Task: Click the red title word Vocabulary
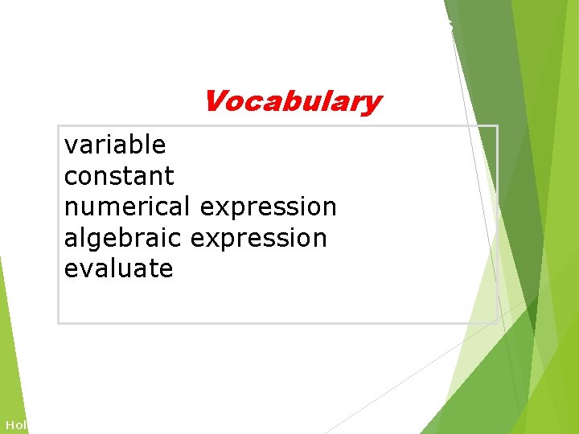click(292, 102)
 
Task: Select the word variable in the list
click(115, 145)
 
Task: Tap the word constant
click(119, 175)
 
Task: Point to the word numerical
click(128, 207)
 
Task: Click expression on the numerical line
click(268, 207)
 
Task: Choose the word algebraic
click(124, 238)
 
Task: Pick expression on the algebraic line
click(259, 238)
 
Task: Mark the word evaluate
click(118, 268)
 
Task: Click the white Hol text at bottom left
click(15, 424)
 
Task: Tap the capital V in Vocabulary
click(216, 102)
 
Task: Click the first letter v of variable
click(70, 146)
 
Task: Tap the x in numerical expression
click(220, 208)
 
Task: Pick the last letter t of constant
click(170, 175)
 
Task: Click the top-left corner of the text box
click(59, 126)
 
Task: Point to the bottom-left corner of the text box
click(59, 323)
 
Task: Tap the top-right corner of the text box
click(497, 126)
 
